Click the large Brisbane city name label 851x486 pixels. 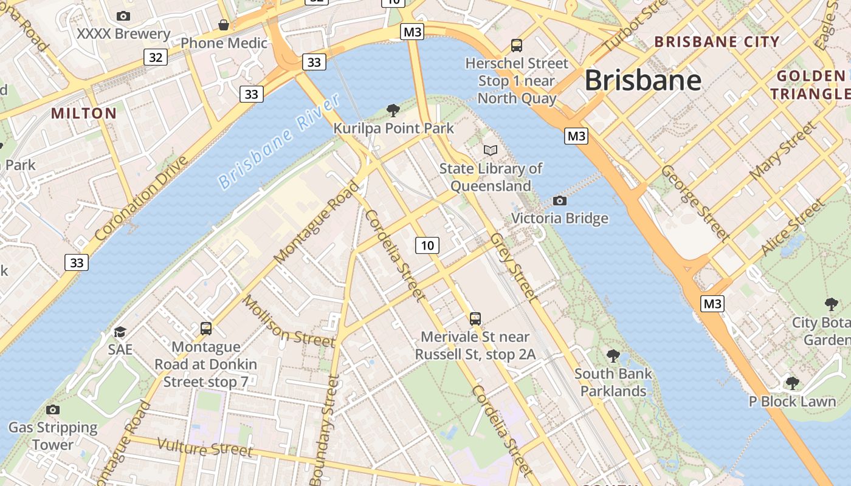[643, 80]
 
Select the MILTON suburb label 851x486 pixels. [84, 114]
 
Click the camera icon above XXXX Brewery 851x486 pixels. [123, 16]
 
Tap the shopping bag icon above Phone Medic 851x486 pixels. [224, 25]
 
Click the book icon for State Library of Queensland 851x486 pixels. [490, 150]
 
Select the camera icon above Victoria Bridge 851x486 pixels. [559, 200]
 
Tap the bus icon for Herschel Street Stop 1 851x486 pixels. [516, 45]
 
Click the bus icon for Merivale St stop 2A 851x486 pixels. [475, 318]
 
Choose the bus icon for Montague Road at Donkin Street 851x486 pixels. [206, 329]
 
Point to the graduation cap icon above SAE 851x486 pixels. [120, 332]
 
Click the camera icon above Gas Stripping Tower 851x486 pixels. [53, 409]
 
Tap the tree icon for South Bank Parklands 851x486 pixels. [613, 356]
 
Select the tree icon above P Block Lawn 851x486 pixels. [791, 383]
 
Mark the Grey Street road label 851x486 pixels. [514, 267]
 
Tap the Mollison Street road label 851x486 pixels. [288, 321]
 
